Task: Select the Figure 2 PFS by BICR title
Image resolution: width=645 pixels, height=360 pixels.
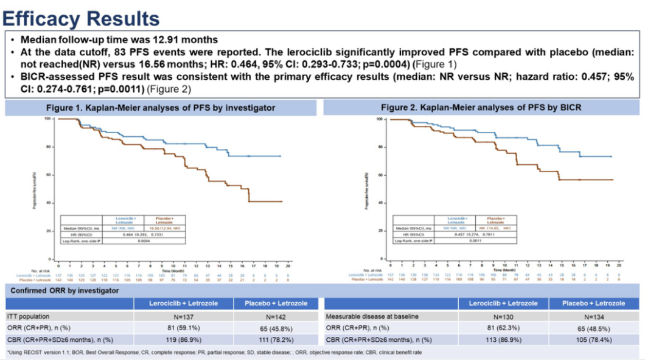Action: point(481,108)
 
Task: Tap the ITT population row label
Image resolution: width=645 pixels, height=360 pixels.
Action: point(29,316)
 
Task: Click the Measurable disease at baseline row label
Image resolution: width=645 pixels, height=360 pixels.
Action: point(368,316)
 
